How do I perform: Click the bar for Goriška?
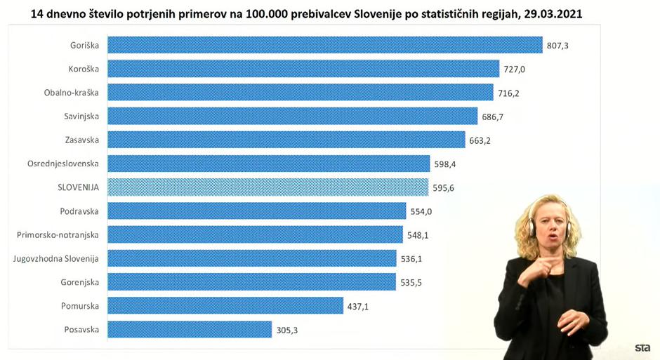(x=324, y=46)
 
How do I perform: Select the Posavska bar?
(x=189, y=329)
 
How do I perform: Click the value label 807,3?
(x=557, y=46)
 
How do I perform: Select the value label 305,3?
(x=287, y=329)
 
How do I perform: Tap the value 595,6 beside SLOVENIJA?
(x=444, y=188)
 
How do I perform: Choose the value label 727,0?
(x=515, y=69)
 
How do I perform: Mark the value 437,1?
(x=358, y=306)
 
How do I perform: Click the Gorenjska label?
(x=79, y=282)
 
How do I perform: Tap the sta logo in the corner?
(x=642, y=347)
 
